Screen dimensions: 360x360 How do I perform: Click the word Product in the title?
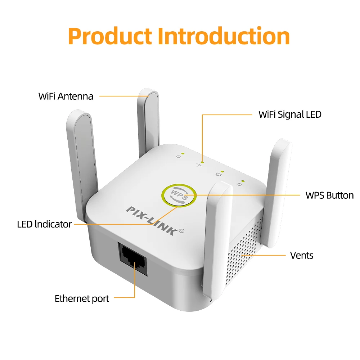click(x=110, y=36)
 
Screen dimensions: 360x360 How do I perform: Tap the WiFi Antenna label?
click(x=66, y=96)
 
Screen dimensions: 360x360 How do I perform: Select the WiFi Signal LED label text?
click(x=290, y=114)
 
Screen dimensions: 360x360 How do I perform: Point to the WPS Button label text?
click(x=329, y=195)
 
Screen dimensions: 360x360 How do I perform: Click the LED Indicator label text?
click(x=44, y=224)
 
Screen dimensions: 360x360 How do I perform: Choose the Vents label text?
click(x=302, y=255)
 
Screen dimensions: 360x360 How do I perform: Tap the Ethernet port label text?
click(x=82, y=299)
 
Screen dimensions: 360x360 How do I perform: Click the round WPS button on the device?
click(x=179, y=195)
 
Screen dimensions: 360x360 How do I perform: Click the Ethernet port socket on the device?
click(x=133, y=258)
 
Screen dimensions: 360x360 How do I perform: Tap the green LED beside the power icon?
click(x=183, y=153)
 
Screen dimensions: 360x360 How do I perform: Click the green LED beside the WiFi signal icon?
click(x=202, y=162)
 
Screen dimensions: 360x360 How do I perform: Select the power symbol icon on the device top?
click(x=179, y=157)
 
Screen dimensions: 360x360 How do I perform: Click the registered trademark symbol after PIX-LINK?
click(x=181, y=231)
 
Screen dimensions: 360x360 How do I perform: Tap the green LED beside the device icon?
click(x=222, y=171)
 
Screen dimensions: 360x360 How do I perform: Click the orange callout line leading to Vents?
click(x=264, y=255)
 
